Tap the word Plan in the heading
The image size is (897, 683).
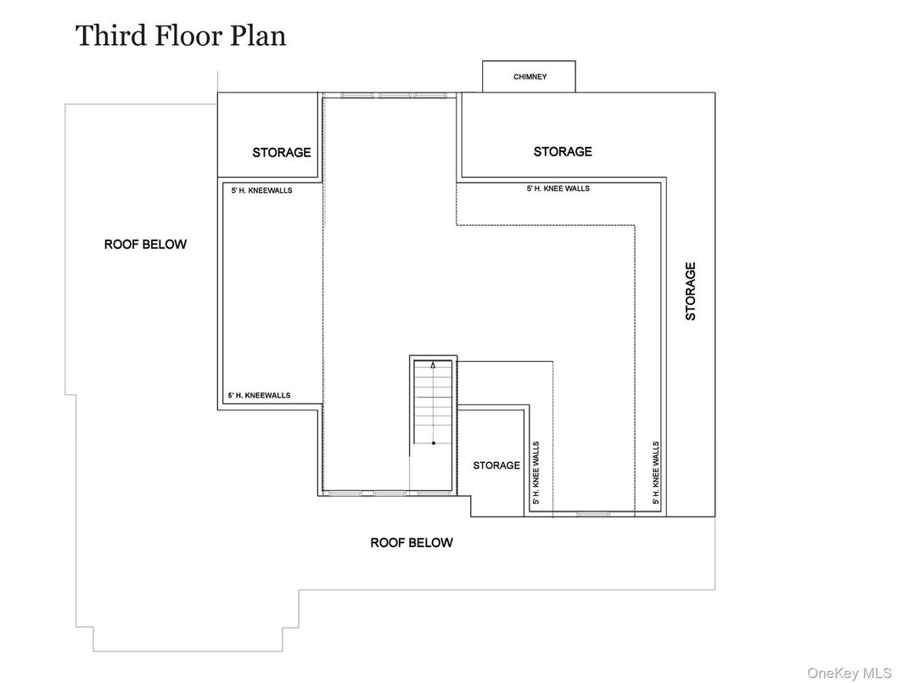click(258, 36)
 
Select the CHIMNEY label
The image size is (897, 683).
click(530, 76)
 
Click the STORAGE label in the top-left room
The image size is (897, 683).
click(282, 152)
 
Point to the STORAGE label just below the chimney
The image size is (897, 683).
click(563, 151)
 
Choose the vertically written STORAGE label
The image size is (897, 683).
click(691, 291)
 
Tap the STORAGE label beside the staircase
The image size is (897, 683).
click(496, 466)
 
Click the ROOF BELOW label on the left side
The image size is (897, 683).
click(145, 245)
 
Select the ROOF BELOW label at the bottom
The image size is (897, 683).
click(412, 543)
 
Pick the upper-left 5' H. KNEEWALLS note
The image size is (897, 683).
click(261, 190)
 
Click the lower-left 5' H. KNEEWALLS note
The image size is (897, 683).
click(259, 395)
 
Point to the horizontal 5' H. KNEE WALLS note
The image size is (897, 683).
click(558, 188)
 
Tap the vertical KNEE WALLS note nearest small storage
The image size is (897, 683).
click(536, 472)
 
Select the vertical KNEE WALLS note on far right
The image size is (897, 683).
click(656, 472)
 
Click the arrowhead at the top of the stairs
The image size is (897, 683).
click(433, 364)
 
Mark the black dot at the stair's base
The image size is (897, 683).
click(434, 443)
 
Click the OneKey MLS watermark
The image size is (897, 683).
click(849, 674)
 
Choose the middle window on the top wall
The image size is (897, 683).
click(394, 95)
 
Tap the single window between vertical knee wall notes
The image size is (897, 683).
click(592, 514)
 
